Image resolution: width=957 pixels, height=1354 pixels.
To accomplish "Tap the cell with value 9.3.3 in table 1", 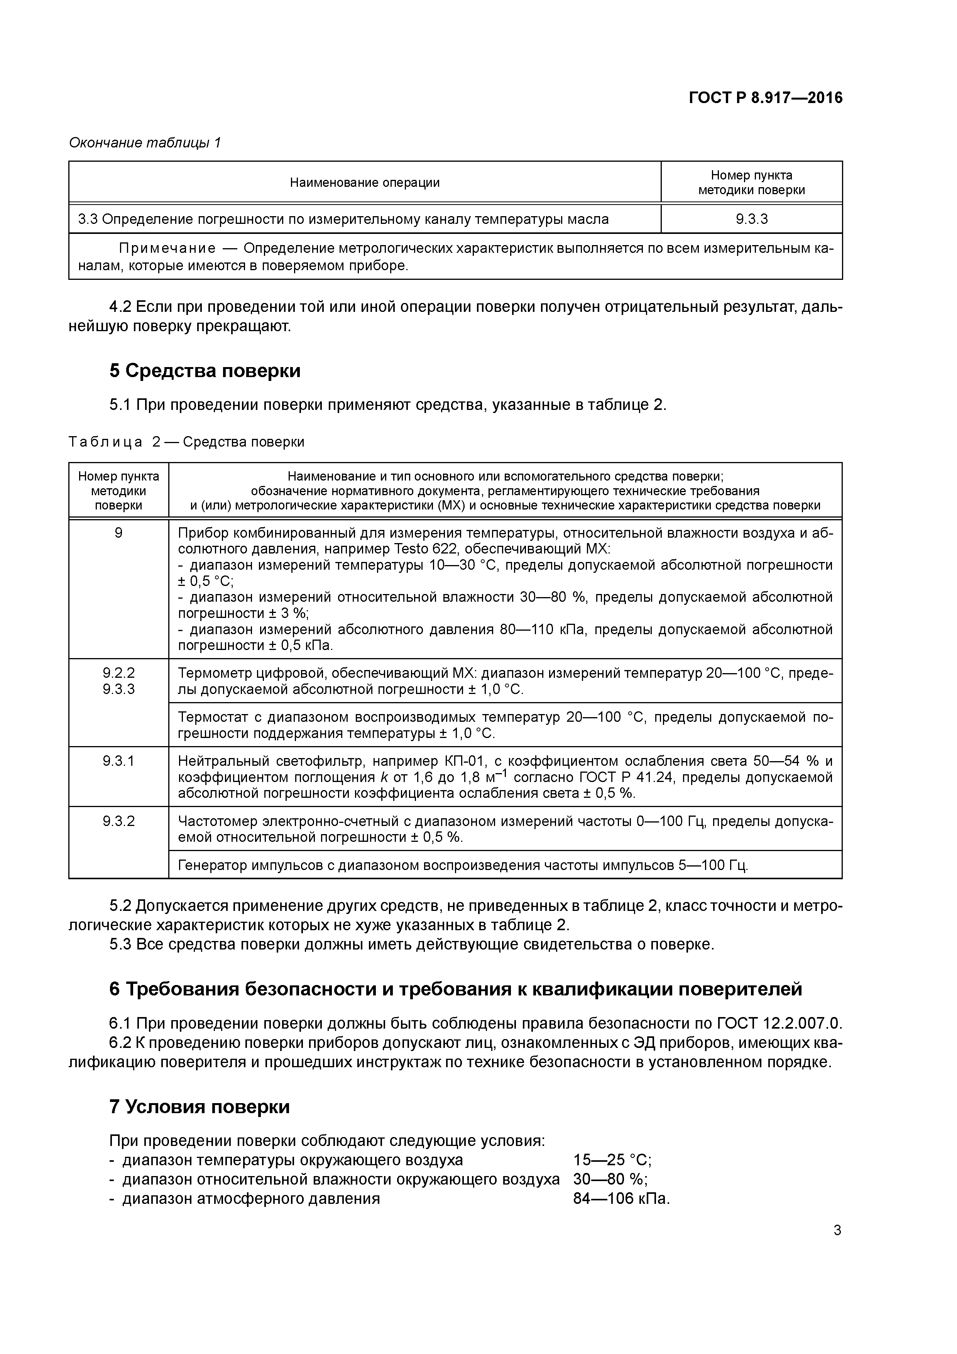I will tap(751, 219).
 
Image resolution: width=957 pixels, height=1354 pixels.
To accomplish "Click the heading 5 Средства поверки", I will tap(205, 371).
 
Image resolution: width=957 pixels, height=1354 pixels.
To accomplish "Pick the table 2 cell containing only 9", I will tap(118, 533).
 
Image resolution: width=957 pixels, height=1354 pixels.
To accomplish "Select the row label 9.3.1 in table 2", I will tap(118, 761).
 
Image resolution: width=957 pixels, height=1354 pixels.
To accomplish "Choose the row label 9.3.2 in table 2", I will tap(118, 821).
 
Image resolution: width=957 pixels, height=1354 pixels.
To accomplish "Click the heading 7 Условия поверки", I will tap(199, 1107).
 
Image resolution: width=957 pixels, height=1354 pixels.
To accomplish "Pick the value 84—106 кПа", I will tap(621, 1199).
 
